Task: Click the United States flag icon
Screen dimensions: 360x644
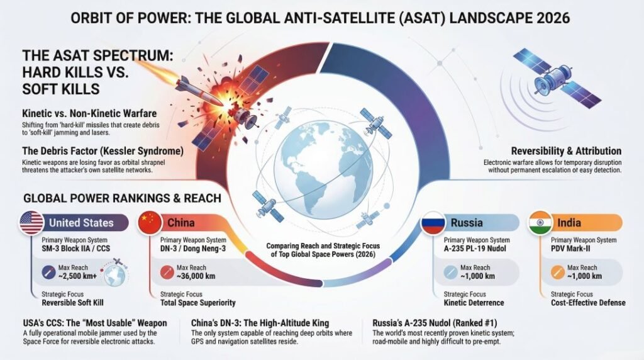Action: point(31,223)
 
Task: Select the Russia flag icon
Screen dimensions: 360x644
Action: point(433,223)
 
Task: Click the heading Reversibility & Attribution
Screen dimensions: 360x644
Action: point(566,151)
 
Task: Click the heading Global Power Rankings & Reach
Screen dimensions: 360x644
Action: point(122,198)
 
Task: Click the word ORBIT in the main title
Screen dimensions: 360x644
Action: point(94,18)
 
